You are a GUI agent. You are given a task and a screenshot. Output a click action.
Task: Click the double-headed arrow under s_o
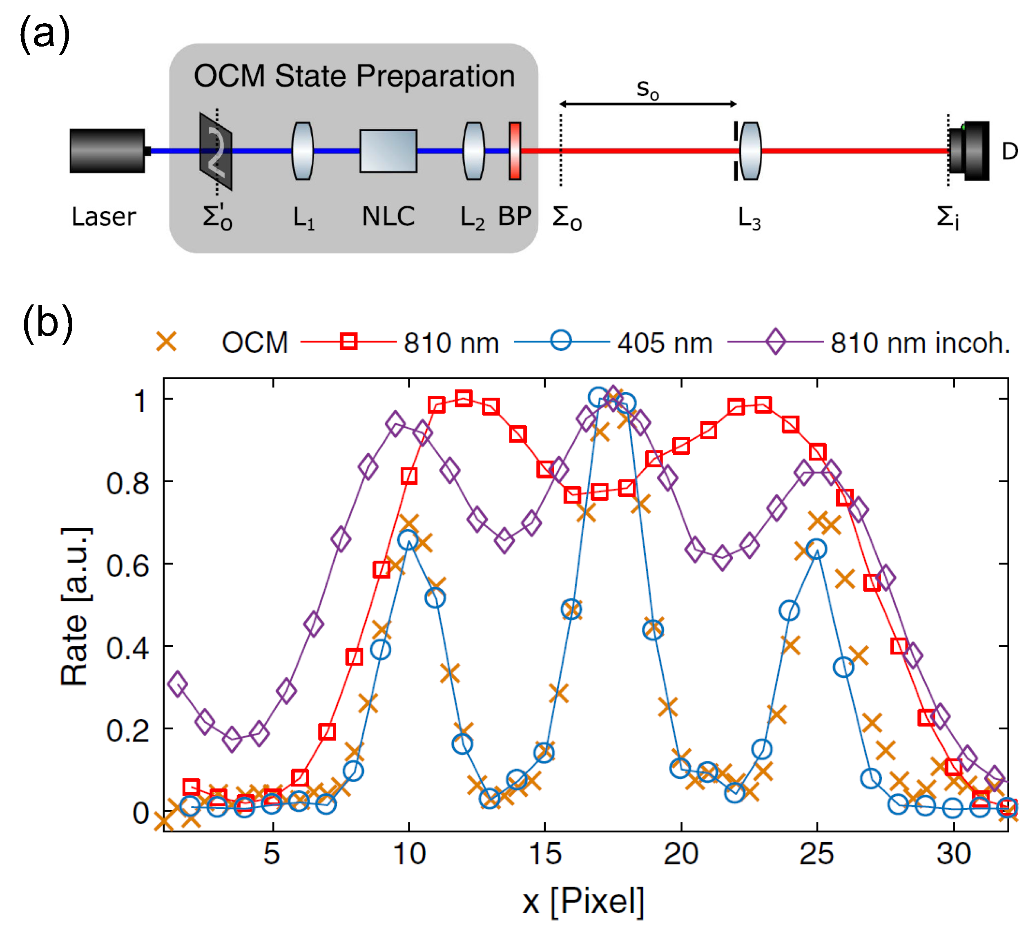(647, 104)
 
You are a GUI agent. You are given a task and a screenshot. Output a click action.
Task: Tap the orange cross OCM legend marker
(166, 342)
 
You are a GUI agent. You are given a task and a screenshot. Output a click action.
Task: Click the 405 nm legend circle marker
(562, 340)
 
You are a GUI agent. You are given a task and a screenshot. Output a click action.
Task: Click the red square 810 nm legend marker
(348, 341)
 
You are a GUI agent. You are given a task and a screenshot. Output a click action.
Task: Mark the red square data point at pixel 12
(463, 398)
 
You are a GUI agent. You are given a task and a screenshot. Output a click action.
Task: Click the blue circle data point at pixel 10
(408, 540)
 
